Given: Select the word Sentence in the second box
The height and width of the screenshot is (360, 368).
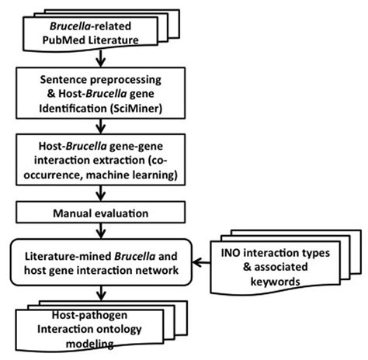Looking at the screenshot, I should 62,78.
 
